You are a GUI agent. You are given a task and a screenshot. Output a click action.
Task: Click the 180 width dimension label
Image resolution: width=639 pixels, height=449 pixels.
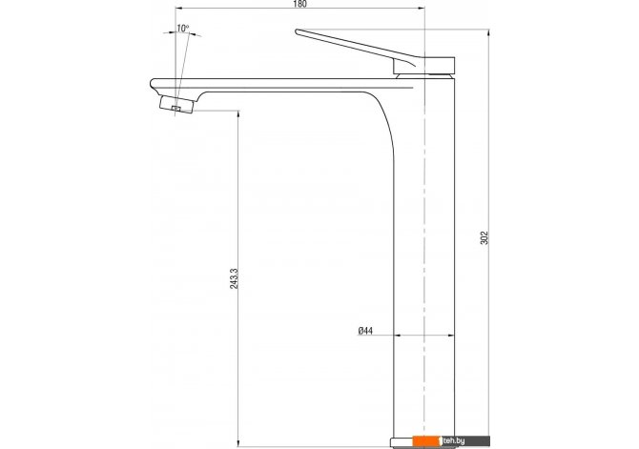299,4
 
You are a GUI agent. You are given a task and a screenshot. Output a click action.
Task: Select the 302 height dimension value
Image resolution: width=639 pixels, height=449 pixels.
484,237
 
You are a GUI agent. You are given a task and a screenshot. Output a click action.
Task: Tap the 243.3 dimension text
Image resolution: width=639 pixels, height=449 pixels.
234,278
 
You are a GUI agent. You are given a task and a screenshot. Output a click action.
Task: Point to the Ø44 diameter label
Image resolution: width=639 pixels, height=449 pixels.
365,331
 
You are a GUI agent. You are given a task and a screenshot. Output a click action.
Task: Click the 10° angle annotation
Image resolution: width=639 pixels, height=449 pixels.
182,29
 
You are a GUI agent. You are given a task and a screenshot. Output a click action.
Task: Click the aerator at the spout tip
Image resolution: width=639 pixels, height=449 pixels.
176,104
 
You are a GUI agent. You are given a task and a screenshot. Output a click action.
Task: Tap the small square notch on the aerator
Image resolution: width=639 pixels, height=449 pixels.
176,109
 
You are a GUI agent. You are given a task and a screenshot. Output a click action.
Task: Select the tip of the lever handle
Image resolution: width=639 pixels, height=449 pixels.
297,31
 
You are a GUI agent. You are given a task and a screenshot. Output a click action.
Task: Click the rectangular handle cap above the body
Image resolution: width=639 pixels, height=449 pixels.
423,66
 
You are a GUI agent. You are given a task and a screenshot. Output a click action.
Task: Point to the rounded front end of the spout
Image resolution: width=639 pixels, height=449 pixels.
152,84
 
